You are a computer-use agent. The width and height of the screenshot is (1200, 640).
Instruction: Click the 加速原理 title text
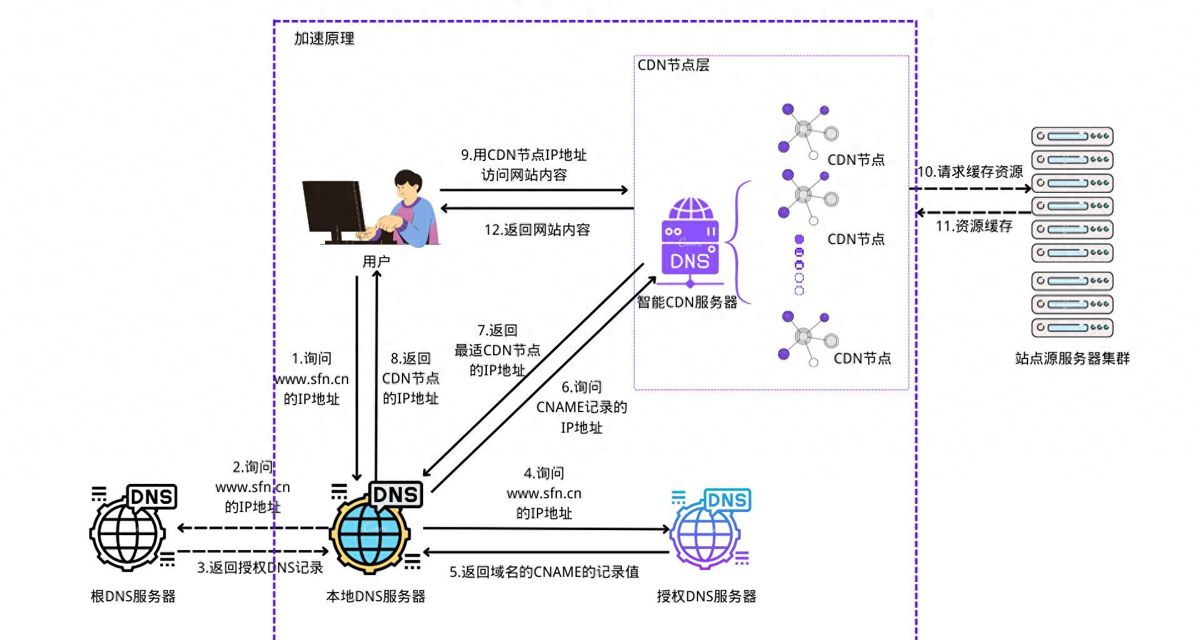pos(324,39)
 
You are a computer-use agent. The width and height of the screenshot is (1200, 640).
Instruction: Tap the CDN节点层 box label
pos(673,65)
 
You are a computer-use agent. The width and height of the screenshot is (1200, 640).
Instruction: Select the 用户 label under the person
pos(376,262)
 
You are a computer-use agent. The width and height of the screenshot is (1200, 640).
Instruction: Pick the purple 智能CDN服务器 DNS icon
pos(690,240)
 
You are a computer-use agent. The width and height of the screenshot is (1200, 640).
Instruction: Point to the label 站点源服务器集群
pos(1072,358)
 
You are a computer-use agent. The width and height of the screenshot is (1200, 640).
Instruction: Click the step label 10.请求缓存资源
pos(969,172)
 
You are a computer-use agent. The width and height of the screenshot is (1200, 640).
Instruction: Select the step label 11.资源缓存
pos(973,226)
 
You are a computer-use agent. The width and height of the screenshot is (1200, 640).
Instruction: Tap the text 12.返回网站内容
pos(537,230)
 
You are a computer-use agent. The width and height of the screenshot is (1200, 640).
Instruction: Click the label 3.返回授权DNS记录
pos(260,568)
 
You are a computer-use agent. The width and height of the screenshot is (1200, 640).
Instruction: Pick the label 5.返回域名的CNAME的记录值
pos(544,572)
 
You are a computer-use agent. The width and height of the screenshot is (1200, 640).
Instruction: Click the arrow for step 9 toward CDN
pos(534,190)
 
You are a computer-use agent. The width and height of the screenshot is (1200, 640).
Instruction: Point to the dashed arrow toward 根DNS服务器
pos(253,528)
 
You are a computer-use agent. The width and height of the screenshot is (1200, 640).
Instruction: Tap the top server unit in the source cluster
pos(1072,136)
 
